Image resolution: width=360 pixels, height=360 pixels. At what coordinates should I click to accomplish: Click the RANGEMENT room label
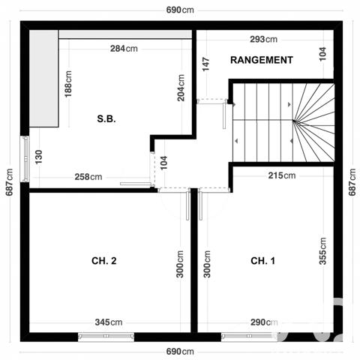(261, 60)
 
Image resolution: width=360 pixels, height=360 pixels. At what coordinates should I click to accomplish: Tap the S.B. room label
(106, 118)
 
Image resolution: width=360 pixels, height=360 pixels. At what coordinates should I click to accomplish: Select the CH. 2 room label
(103, 261)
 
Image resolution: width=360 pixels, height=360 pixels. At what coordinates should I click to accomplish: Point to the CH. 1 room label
(262, 261)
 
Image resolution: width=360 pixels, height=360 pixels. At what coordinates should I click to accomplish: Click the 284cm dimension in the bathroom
(124, 49)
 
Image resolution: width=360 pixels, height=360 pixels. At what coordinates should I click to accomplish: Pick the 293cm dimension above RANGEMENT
(262, 40)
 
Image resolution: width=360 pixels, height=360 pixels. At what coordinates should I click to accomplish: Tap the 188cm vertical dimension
(68, 90)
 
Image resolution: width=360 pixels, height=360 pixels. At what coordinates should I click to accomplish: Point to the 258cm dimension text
(88, 177)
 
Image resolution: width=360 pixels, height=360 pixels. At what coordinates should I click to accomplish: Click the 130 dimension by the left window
(38, 157)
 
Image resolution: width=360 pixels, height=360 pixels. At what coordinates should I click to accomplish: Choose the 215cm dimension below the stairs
(282, 175)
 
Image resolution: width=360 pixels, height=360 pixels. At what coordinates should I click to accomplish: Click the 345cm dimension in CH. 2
(109, 322)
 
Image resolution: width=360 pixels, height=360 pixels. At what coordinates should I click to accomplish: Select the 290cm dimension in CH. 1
(264, 322)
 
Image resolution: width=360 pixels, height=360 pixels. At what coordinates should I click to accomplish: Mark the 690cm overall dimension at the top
(180, 10)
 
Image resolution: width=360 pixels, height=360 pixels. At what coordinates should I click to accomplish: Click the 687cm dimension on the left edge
(10, 181)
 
